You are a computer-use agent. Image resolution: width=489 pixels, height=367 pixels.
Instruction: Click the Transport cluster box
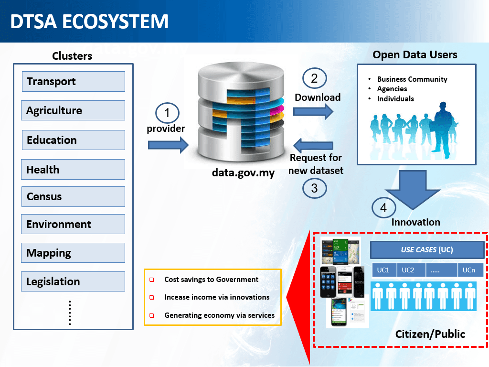tap(73, 81)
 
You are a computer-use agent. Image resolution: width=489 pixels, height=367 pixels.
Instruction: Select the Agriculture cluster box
tap(73, 110)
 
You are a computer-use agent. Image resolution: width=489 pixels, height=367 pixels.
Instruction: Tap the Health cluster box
tap(73, 170)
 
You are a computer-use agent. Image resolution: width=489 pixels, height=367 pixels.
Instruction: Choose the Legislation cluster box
tap(73, 281)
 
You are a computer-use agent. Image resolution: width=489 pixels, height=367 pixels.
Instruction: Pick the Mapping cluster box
tap(73, 253)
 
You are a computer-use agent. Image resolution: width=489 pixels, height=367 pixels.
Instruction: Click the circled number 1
tap(167, 113)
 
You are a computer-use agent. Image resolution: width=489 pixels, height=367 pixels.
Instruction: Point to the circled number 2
tap(314, 78)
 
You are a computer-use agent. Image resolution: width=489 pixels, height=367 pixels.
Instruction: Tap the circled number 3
tap(314, 188)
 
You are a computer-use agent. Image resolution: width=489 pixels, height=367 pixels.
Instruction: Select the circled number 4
tap(383, 208)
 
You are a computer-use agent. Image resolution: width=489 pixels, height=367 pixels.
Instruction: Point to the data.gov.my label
tap(243, 173)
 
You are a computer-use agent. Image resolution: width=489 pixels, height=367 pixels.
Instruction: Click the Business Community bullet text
tap(412, 79)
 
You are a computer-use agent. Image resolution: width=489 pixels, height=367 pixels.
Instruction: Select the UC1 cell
tap(383, 270)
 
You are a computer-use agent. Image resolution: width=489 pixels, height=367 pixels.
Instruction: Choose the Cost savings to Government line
tap(211, 280)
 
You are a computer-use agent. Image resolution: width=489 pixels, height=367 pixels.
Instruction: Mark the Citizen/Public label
tap(430, 334)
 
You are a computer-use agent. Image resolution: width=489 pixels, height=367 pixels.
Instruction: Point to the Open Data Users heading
tap(415, 55)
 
